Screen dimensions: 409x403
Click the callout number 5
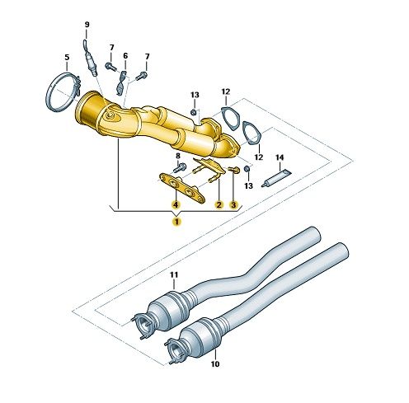tap(67, 58)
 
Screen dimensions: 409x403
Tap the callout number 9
tap(87, 25)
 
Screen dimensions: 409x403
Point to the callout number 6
tap(125, 56)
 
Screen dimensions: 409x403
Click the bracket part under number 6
tap(121, 83)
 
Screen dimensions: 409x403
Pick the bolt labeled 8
tap(180, 167)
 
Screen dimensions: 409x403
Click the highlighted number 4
tap(176, 204)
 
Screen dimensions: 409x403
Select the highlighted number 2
tap(219, 204)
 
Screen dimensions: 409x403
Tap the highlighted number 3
tap(233, 204)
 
